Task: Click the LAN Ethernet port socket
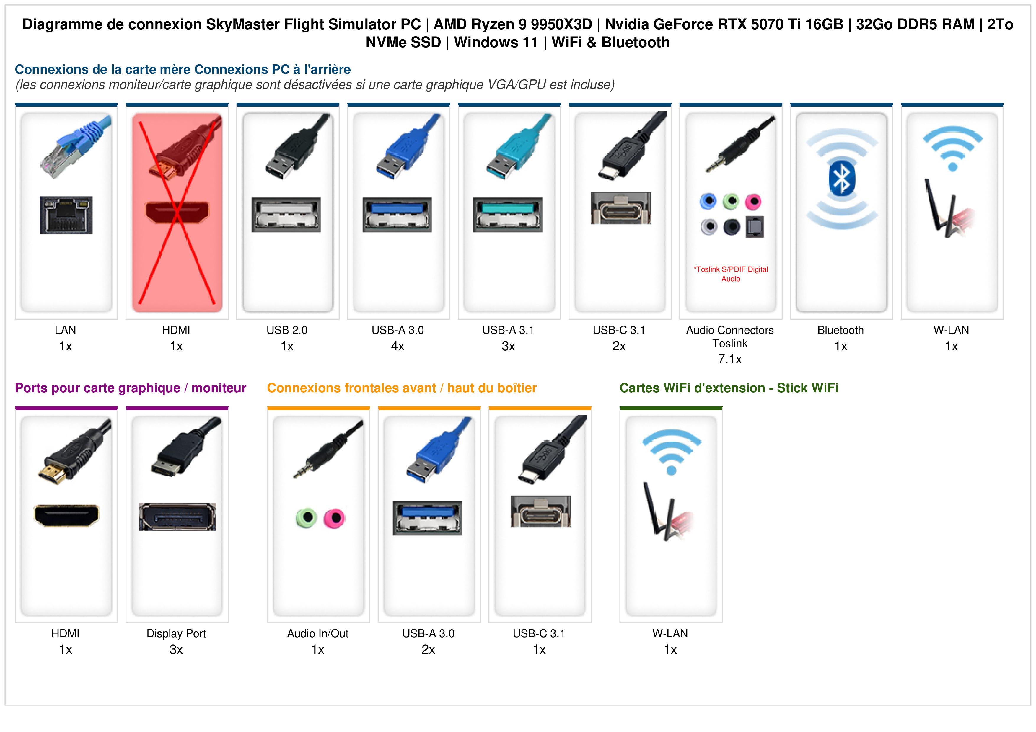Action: pos(66,215)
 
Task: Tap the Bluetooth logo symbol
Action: pos(841,179)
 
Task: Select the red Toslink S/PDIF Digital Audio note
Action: pos(731,274)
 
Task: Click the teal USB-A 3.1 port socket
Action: pos(508,214)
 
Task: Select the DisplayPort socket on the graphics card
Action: pos(177,517)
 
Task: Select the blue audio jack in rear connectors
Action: pos(708,201)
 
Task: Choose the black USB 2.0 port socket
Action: pos(286,214)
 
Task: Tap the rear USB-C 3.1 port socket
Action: pos(621,208)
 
